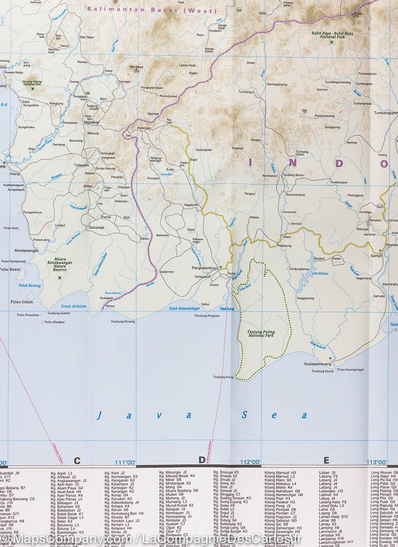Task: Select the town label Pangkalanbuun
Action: (204, 268)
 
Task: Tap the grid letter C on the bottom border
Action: (77, 460)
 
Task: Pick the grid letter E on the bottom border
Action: (326, 460)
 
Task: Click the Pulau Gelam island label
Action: (22, 302)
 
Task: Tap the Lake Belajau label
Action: (320, 273)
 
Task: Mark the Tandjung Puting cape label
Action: (223, 377)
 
